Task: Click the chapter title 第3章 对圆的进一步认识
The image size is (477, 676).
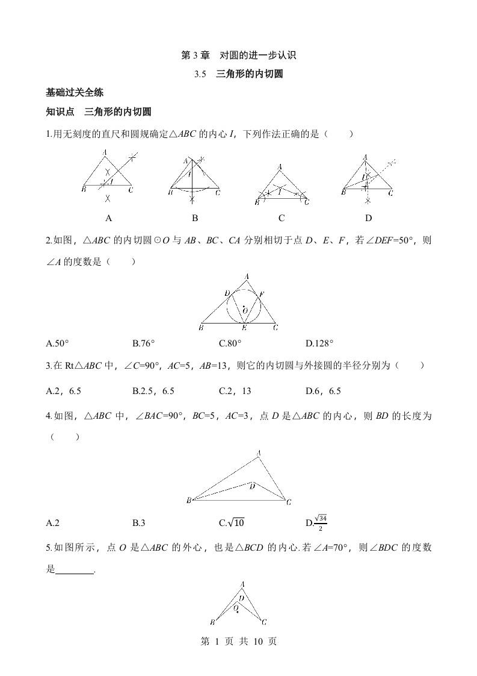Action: point(239,55)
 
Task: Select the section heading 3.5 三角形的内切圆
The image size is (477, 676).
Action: point(239,75)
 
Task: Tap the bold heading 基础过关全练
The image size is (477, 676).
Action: point(75,93)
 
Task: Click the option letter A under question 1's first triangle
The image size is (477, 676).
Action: point(108,218)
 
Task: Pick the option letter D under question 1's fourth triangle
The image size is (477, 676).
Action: point(369,218)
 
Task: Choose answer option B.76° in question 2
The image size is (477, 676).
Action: point(144,343)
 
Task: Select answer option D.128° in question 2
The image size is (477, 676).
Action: point(319,343)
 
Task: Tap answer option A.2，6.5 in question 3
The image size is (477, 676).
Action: point(64,391)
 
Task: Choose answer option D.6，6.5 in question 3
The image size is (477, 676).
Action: point(323,391)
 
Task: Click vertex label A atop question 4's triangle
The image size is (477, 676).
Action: point(259,453)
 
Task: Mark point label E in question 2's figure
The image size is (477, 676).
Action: point(244,328)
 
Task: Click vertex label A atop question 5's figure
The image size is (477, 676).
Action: point(242,584)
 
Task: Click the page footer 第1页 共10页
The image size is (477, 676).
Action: point(239,642)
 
